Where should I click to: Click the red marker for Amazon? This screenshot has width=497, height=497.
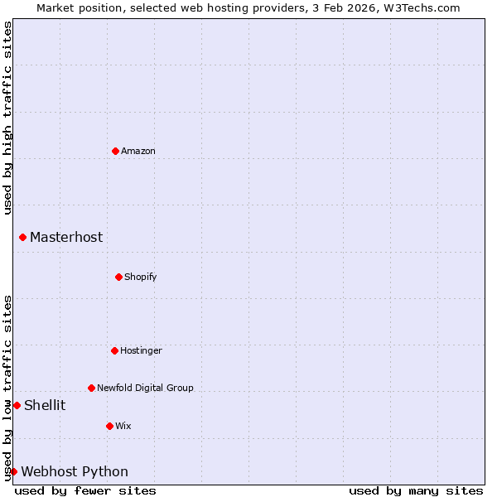[x=116, y=151]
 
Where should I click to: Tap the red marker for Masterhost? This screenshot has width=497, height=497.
[x=23, y=238]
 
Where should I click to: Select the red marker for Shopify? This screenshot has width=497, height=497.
[x=119, y=277]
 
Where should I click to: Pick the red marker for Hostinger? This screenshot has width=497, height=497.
[x=115, y=350]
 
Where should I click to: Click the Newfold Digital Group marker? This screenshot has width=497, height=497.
[x=92, y=388]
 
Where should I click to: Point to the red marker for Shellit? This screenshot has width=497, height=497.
[x=17, y=405]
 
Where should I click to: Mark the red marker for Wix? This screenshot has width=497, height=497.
[x=110, y=426]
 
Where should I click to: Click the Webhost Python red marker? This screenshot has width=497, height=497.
[x=14, y=471]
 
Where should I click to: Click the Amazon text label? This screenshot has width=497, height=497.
[x=138, y=151]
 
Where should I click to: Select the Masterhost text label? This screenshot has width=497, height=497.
[x=66, y=238]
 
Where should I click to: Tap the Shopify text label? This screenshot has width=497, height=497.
[x=141, y=277]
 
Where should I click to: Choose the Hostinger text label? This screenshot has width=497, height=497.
[x=141, y=350]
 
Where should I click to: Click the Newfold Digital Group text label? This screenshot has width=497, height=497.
[x=145, y=388]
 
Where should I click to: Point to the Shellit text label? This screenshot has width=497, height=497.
[x=45, y=405]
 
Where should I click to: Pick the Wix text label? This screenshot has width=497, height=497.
[x=123, y=426]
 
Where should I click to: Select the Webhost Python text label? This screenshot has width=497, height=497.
[x=75, y=472]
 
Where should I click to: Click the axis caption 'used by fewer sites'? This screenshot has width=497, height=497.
[x=85, y=490]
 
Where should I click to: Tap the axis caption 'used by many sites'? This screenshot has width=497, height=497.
[x=416, y=490]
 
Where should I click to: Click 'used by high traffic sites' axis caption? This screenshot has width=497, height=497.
[x=7, y=118]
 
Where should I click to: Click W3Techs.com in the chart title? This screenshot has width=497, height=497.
[x=420, y=7]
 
